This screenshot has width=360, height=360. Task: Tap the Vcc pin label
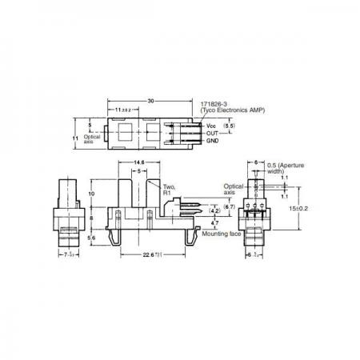pyautogui.click(x=212, y=127)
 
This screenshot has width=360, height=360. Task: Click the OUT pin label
pyautogui.click(x=213, y=134)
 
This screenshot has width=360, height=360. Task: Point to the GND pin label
pyautogui.click(x=213, y=141)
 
